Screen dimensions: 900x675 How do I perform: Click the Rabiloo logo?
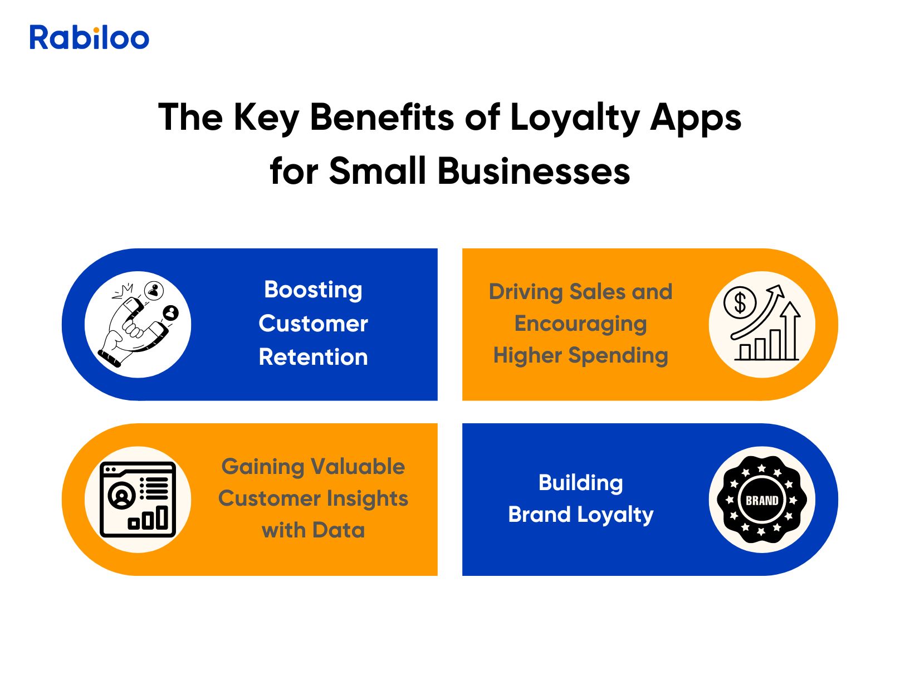tap(89, 37)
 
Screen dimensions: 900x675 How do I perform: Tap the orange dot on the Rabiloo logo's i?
tap(96, 30)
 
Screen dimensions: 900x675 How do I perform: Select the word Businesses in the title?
tap(534, 172)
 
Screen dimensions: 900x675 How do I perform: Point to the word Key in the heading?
tap(266, 119)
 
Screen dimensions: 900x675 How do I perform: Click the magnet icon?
tap(138, 324)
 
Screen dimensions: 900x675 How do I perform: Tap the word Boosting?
tap(313, 291)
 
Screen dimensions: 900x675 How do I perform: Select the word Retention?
tap(313, 356)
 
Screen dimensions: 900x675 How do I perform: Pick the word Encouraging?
tap(580, 324)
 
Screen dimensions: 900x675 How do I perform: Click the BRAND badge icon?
tap(761, 500)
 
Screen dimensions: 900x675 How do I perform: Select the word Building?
tap(580, 483)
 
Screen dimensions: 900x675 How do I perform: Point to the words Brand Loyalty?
tap(580, 515)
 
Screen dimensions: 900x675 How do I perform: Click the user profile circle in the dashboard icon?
tap(121, 496)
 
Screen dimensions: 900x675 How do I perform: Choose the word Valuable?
tap(358, 466)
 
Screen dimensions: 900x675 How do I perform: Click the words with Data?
tap(313, 530)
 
